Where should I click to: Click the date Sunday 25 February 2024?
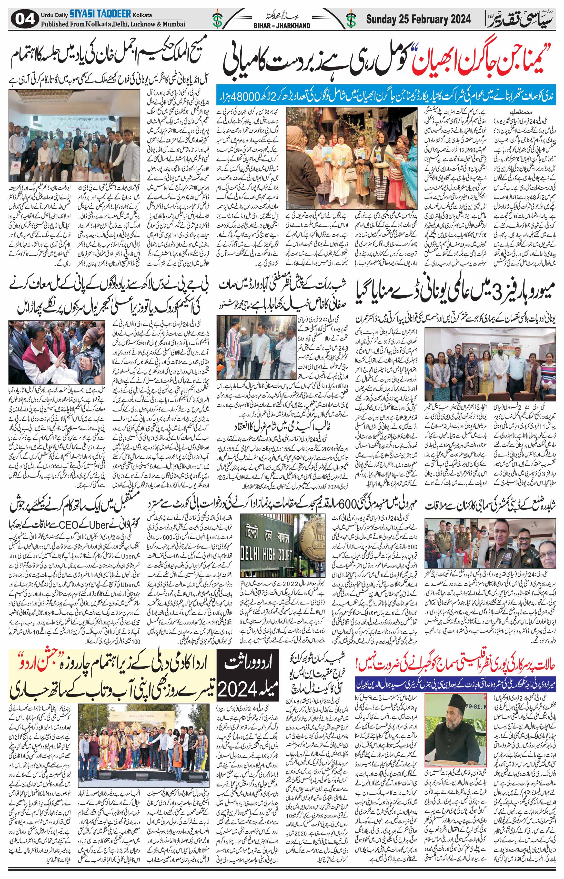pyautogui.click(x=418, y=19)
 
